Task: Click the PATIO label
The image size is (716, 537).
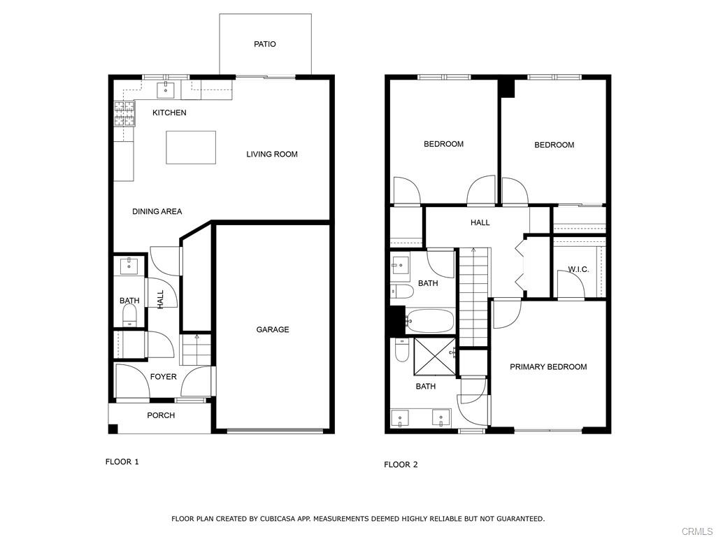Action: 264,44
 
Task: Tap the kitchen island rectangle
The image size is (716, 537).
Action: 190,147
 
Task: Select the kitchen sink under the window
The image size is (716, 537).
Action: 166,89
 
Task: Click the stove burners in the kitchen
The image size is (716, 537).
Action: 124,113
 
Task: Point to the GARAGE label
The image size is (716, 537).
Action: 272,329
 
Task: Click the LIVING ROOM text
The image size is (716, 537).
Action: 271,154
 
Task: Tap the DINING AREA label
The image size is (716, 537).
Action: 157,211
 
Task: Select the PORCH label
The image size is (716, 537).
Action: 161,415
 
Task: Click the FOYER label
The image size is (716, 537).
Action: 164,377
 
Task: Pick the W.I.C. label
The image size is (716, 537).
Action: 578,269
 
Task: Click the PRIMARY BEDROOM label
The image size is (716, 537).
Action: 548,367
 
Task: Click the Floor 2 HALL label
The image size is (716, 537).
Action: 480,222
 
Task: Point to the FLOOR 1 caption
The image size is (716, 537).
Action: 122,461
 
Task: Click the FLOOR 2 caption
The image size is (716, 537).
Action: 401,464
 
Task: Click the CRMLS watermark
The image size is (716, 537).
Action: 700,531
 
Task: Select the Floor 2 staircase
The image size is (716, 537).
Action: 474,297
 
